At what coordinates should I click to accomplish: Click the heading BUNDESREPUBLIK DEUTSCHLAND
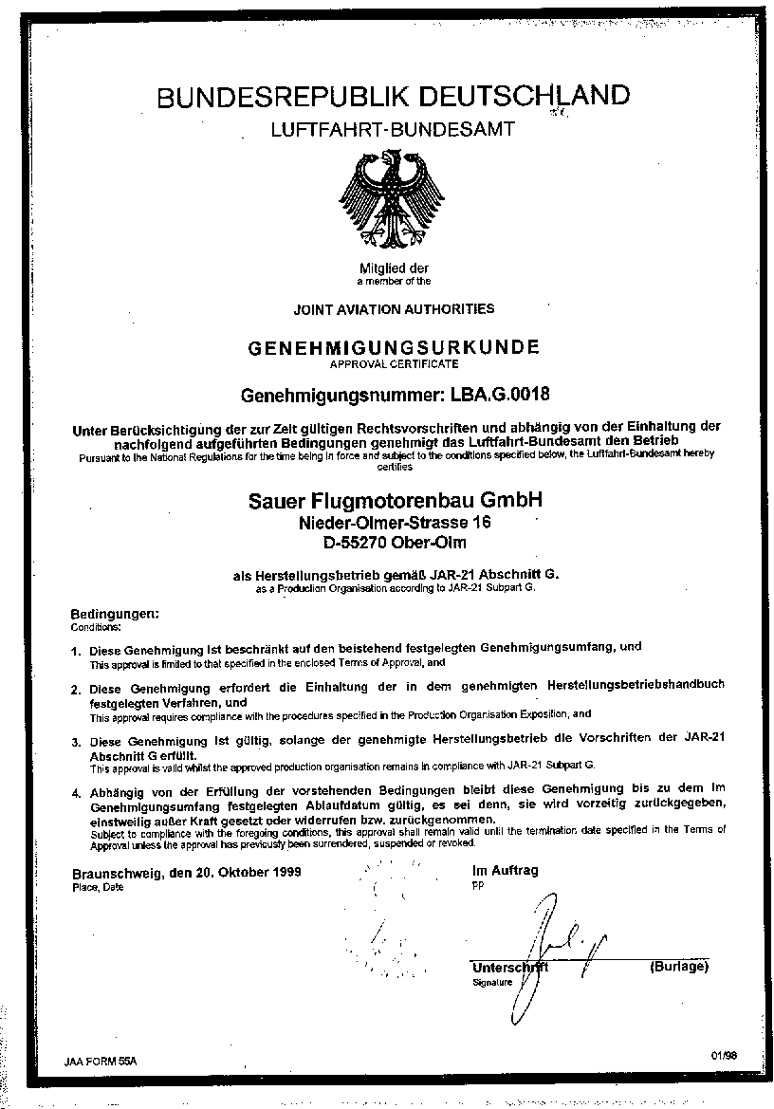pos(393,98)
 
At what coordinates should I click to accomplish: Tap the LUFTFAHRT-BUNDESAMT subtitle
pos(393,130)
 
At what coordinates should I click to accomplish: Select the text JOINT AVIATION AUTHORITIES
pos(394,308)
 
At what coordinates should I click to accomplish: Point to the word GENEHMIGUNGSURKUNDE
pos(394,348)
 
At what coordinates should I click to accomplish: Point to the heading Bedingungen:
pos(109,615)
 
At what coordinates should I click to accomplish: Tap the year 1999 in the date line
pos(284,872)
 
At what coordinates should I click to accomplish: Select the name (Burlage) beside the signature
pos(678,967)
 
